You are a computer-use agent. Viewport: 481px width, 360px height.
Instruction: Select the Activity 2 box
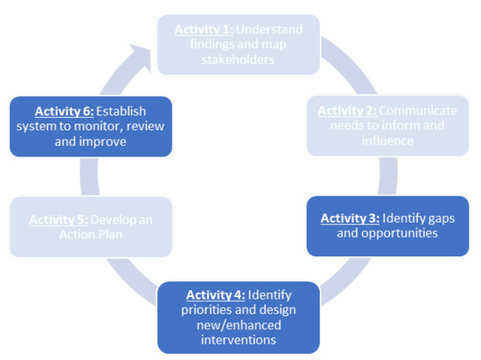click(385, 127)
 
